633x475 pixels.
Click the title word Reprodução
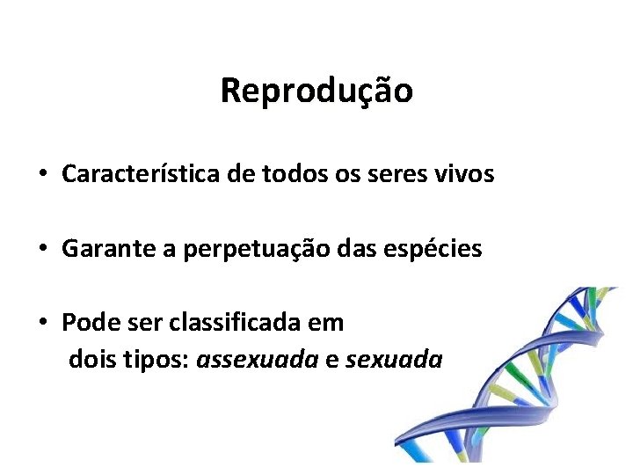pos(316,90)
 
